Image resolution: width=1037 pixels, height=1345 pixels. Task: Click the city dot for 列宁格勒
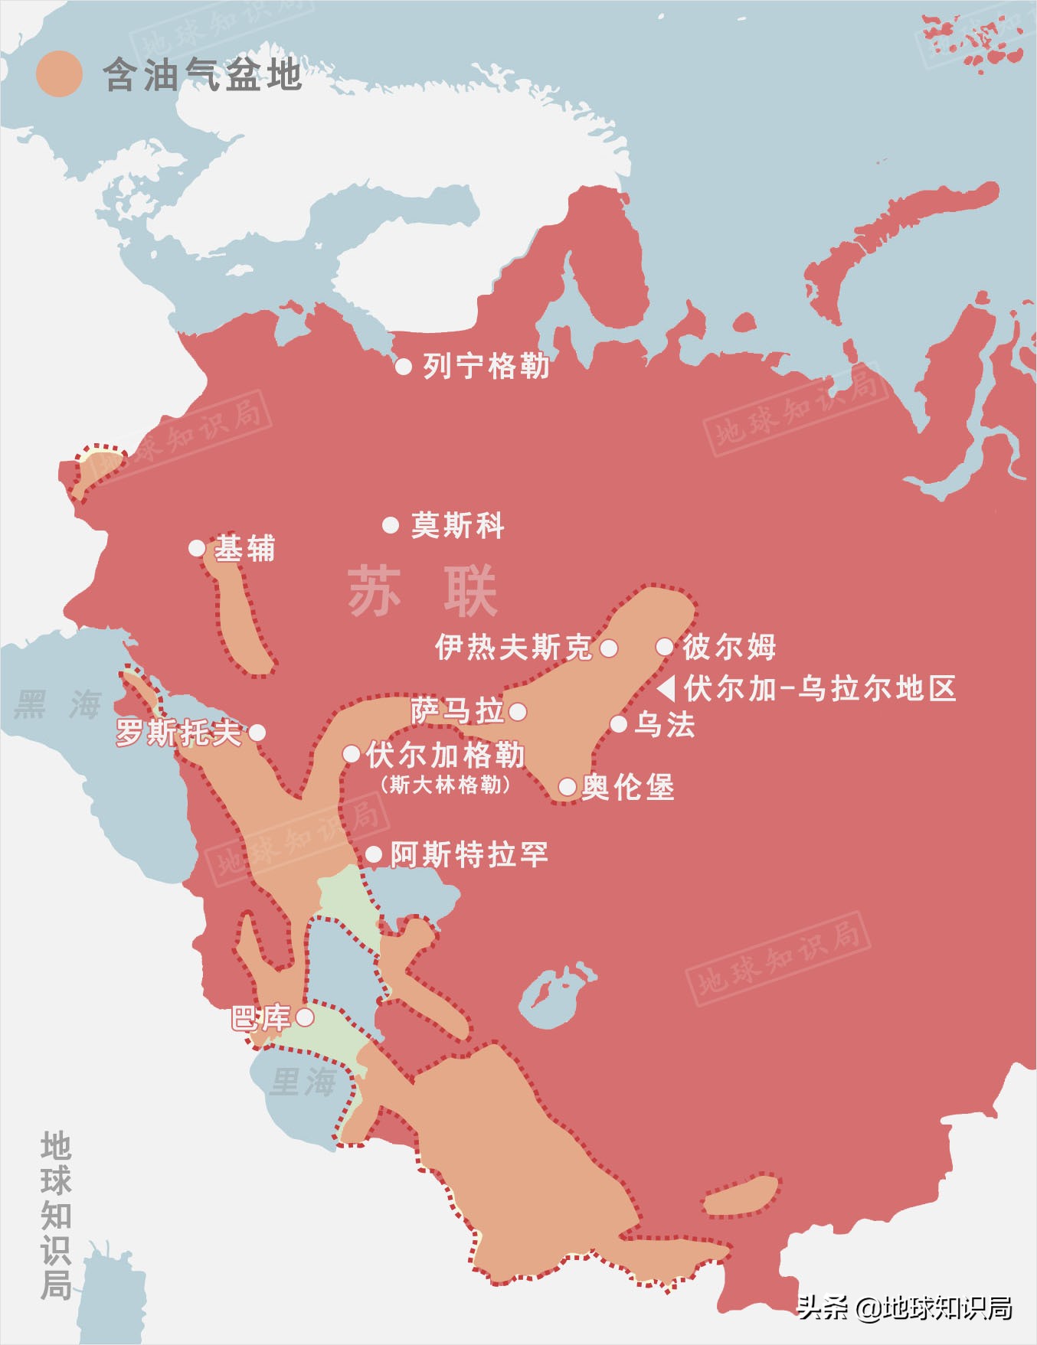[404, 366]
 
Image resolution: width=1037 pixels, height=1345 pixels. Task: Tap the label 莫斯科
[457, 525]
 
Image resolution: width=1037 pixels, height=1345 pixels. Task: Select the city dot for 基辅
[197, 548]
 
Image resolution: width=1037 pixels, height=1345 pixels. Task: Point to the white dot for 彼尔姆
[665, 647]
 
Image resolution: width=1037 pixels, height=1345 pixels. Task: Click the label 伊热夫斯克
[513, 648]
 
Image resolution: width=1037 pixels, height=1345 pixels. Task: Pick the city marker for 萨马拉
[518, 712]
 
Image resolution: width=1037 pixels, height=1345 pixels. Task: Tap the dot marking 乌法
[619, 724]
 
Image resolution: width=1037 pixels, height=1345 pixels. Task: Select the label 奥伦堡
[628, 787]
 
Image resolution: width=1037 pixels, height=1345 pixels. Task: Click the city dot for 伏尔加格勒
[352, 754]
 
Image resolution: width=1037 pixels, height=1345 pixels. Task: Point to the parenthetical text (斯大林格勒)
[445, 785]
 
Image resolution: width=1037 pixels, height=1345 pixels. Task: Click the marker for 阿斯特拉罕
[374, 854]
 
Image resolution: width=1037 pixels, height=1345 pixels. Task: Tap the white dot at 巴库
[305, 1017]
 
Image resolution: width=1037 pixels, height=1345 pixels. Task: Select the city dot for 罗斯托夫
[257, 733]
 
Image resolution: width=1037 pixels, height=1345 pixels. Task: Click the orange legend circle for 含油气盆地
[59, 74]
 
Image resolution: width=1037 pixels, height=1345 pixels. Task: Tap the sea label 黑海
[58, 704]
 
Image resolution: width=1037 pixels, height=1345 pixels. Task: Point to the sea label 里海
[303, 1082]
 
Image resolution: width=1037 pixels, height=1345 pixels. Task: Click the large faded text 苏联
[423, 592]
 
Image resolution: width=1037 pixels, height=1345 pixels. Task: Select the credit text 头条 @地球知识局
[905, 1308]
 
